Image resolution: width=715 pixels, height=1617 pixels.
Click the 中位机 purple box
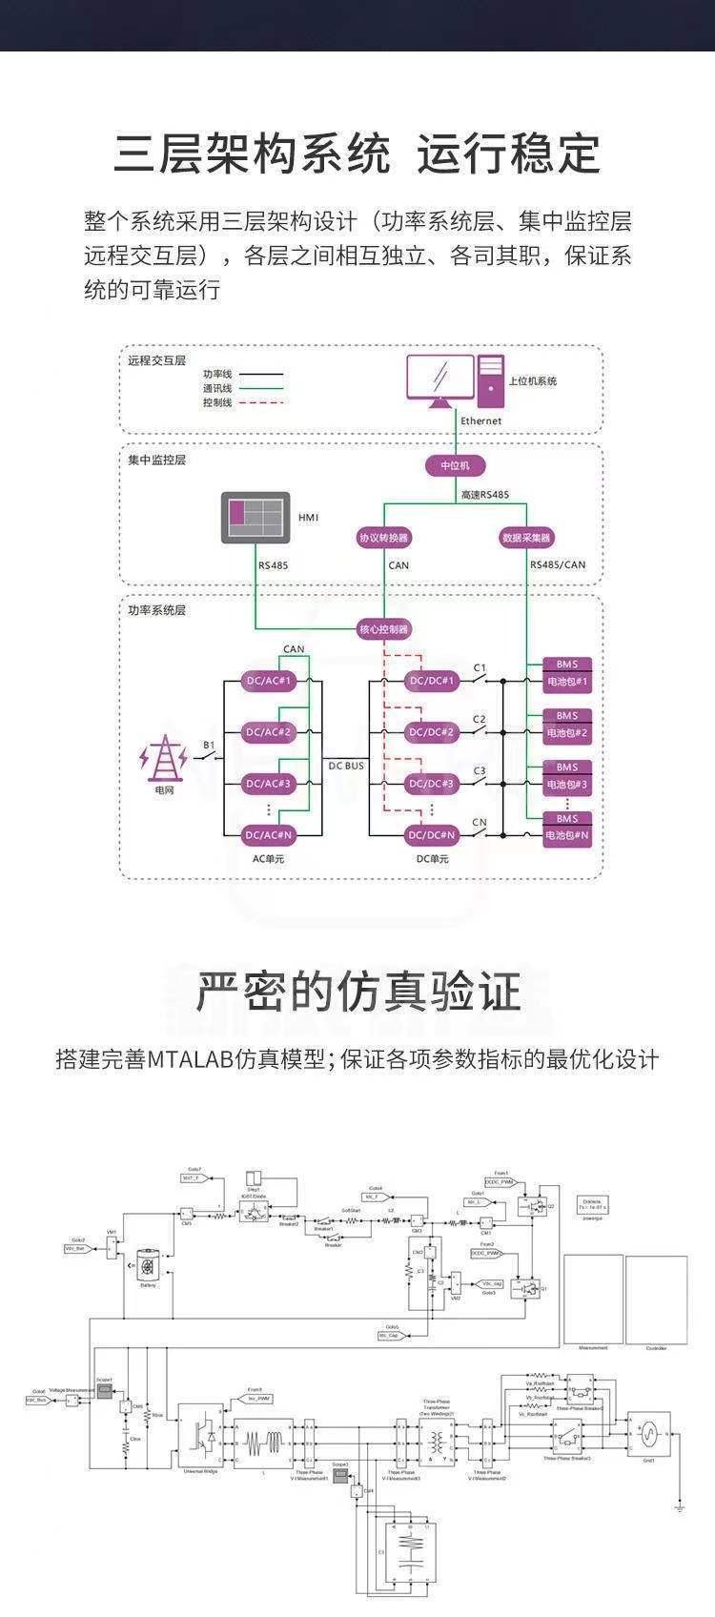(x=455, y=465)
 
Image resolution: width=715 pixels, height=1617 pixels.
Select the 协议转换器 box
(x=384, y=538)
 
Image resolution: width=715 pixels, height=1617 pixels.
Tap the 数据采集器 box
(x=526, y=538)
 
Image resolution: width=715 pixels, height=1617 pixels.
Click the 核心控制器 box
(x=384, y=629)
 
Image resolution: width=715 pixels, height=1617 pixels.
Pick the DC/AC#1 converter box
(x=270, y=681)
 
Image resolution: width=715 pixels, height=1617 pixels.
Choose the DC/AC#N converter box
(x=270, y=834)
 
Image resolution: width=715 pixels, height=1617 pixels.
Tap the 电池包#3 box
(x=567, y=784)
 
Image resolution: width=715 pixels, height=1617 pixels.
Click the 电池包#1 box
(x=567, y=682)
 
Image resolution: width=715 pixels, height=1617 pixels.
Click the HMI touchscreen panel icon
(x=255, y=518)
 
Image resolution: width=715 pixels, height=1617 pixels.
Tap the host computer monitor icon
(x=439, y=379)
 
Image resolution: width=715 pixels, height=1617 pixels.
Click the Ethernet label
(x=480, y=420)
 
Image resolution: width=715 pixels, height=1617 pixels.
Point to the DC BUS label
(x=347, y=766)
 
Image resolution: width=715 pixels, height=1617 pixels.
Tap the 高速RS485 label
(x=485, y=495)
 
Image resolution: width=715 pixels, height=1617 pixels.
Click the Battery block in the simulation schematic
(x=148, y=1266)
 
